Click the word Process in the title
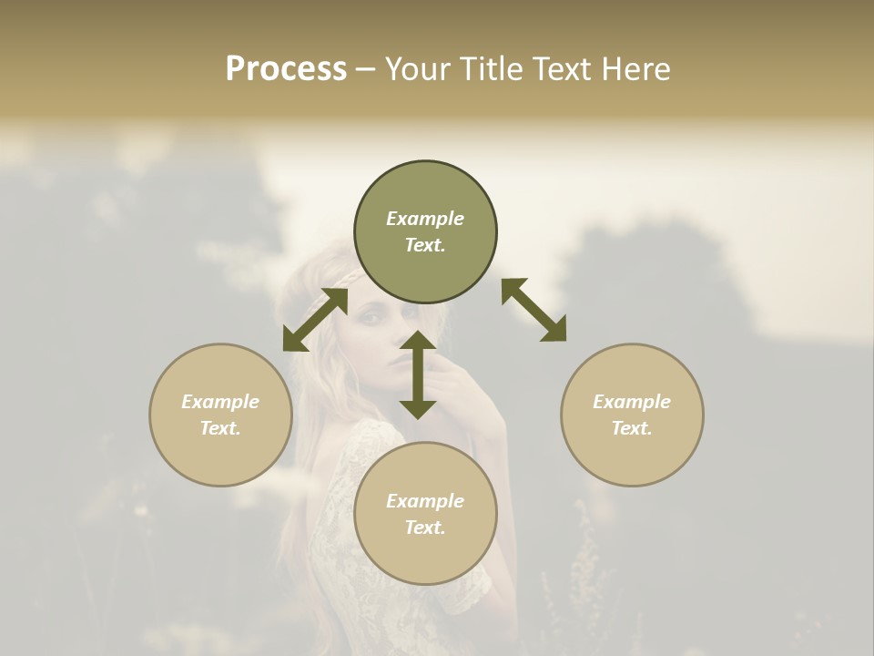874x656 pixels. click(286, 69)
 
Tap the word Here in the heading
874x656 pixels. click(634, 69)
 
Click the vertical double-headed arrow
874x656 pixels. click(418, 374)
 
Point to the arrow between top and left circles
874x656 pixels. click(315, 320)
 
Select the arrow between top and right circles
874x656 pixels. click(534, 310)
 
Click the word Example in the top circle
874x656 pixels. click(425, 219)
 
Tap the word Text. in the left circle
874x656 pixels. click(220, 428)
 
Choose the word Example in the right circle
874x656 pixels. click(632, 402)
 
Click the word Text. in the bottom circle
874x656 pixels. click(425, 528)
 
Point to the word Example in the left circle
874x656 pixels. click(220, 402)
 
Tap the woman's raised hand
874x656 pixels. click(455, 383)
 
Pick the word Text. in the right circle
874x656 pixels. click(632, 428)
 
